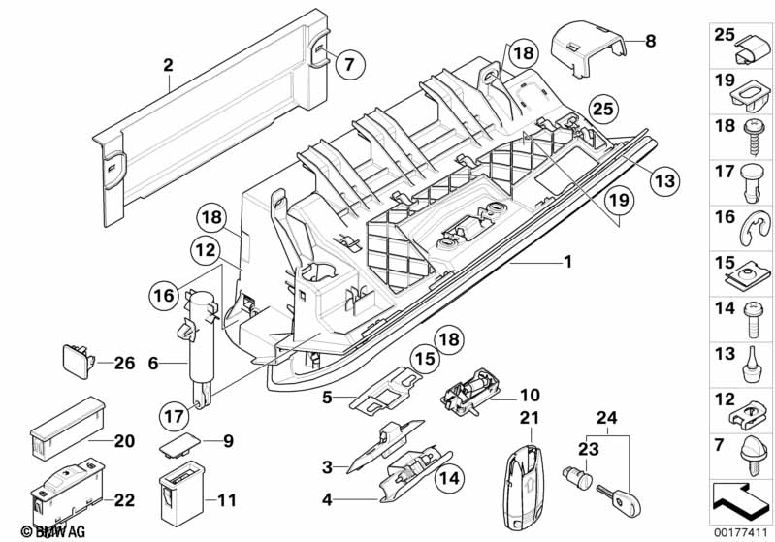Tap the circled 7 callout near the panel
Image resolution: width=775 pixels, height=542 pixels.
(351, 65)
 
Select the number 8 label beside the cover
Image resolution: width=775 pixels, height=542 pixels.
(651, 41)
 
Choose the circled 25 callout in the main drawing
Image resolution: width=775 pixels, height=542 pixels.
(603, 109)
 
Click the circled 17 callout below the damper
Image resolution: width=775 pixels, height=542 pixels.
(174, 417)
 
